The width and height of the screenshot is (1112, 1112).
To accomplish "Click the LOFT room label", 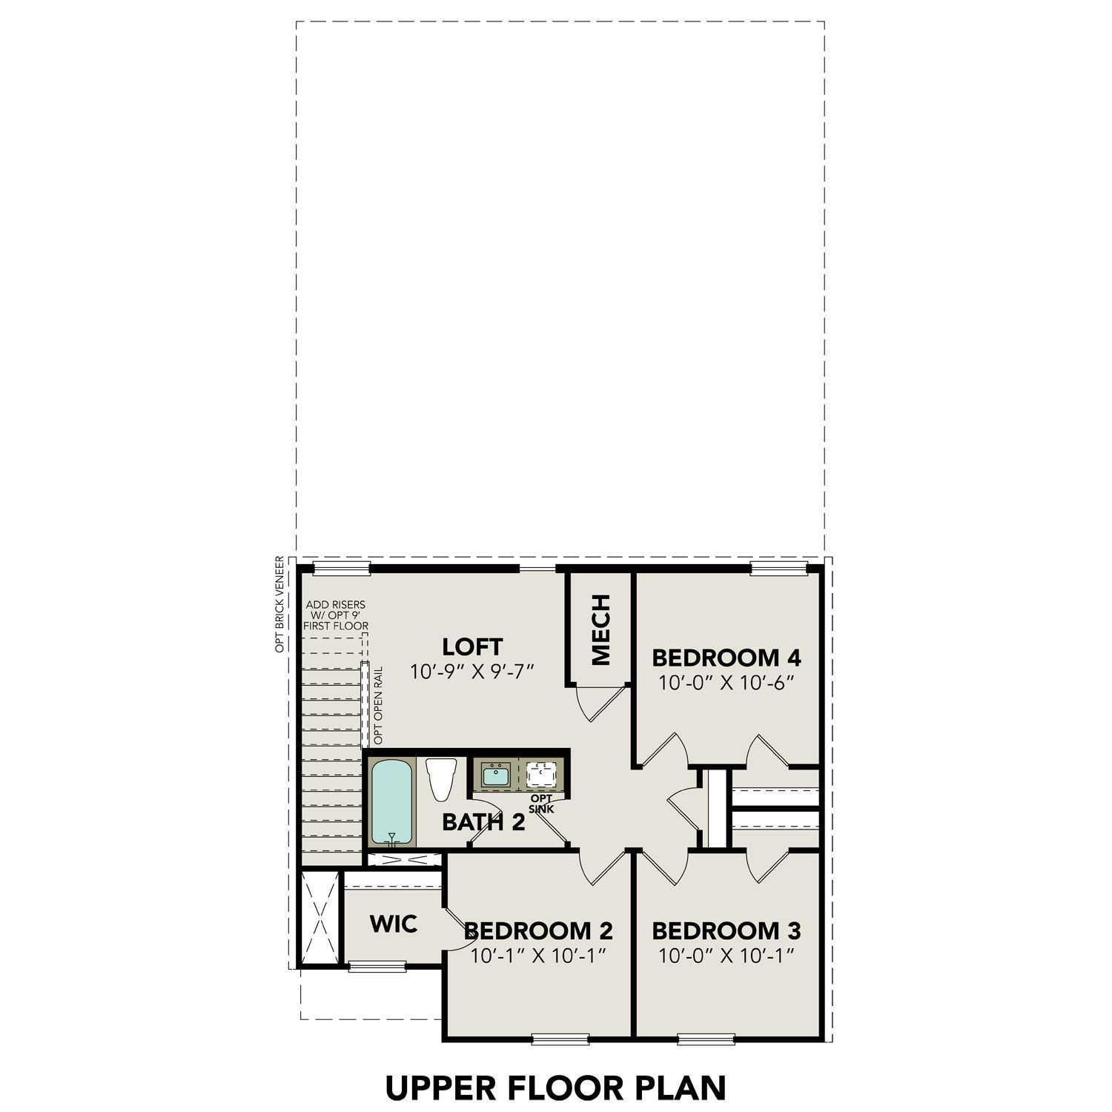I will (472, 646).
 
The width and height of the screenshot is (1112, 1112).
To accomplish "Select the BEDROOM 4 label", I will (726, 658).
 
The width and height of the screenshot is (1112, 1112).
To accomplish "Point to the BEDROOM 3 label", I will (726, 930).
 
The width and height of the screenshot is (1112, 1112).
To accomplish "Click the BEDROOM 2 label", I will (538, 930).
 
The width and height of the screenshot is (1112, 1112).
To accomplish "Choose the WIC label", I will (393, 924).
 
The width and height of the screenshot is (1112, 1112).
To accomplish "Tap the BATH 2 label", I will (483, 821).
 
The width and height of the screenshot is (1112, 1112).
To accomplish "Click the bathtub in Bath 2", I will (393, 801).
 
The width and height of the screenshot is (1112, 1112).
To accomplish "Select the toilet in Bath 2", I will (441, 779).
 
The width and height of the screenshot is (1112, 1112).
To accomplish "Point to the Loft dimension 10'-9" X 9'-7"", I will (472, 672).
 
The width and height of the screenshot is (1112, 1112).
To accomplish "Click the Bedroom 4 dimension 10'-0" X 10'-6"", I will (726, 683).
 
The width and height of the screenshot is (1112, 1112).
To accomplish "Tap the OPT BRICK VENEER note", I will (279, 604).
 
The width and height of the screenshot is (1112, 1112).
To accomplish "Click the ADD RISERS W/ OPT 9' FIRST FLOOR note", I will (336, 615).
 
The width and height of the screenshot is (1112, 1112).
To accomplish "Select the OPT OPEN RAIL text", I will (378, 706).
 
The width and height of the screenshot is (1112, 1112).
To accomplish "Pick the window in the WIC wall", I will (377, 965).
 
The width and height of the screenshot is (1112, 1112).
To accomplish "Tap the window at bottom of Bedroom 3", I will (706, 1039).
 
